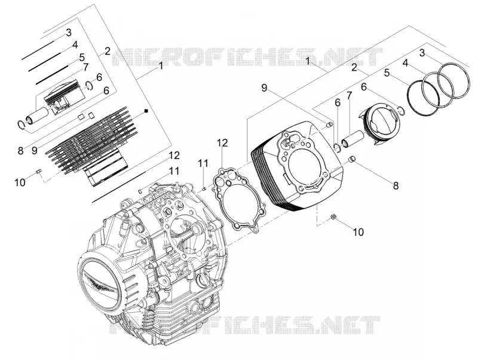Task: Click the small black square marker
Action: click(x=146, y=111)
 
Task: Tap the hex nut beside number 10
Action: click(x=333, y=217)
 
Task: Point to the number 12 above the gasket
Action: click(x=222, y=143)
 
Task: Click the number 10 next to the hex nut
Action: click(x=358, y=232)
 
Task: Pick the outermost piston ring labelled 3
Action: click(x=454, y=80)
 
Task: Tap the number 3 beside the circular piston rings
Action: click(x=422, y=53)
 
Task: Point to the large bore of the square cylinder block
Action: click(x=308, y=164)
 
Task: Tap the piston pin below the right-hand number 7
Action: click(x=352, y=139)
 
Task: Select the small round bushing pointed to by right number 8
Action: click(x=353, y=159)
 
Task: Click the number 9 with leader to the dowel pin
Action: click(x=264, y=88)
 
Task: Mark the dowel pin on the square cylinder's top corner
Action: click(x=329, y=124)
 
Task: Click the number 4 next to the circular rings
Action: click(x=405, y=63)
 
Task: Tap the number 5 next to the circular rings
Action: click(x=387, y=73)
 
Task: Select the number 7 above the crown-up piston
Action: click(x=85, y=66)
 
